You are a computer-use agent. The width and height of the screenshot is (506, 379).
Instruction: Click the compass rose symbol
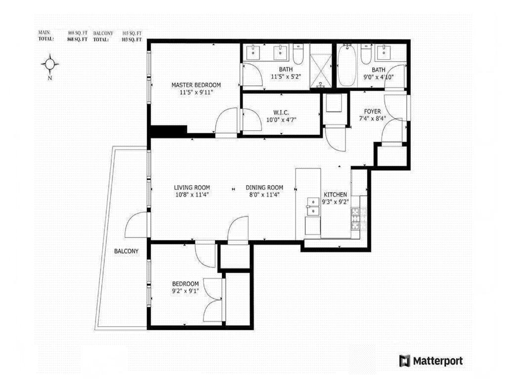[50, 64]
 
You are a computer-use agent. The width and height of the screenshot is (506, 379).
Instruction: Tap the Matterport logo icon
[405, 361]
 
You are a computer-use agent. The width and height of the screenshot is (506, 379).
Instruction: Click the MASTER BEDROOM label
[196, 85]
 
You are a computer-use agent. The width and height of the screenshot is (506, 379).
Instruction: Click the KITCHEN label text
[335, 194]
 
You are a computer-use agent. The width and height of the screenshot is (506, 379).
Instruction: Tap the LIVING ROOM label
[192, 188]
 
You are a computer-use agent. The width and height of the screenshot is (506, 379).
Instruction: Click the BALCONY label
[126, 251]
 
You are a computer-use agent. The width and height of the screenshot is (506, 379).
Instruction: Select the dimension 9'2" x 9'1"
[185, 291]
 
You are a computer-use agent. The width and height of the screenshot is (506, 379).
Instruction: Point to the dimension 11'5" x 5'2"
[286, 76]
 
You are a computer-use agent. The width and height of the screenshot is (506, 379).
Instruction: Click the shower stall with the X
[322, 67]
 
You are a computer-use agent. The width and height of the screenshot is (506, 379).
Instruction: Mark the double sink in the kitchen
[313, 206]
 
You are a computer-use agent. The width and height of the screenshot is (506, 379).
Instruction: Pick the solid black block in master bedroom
[168, 131]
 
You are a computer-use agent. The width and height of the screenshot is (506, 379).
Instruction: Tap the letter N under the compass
[50, 77]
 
